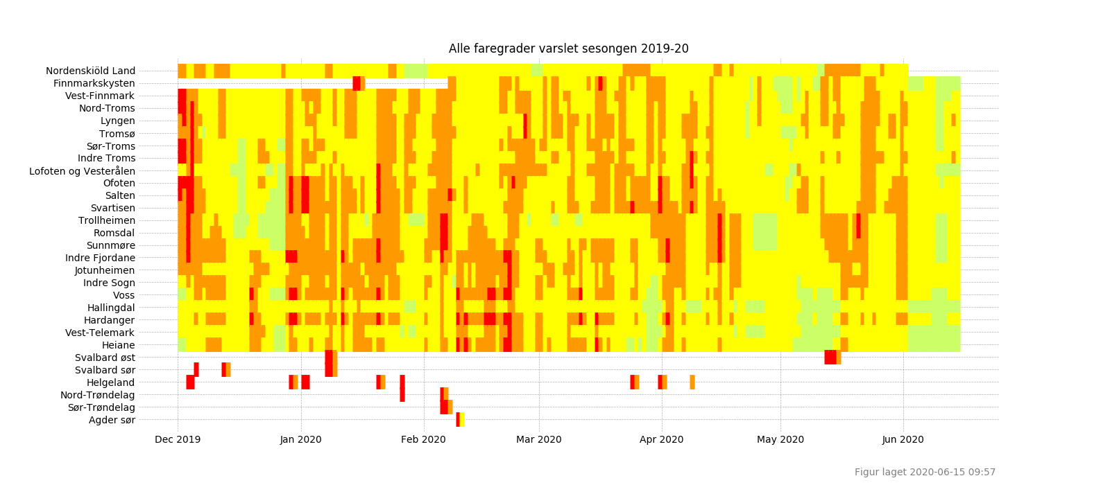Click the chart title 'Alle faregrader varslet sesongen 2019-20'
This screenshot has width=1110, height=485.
568,49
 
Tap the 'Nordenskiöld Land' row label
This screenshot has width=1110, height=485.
90,71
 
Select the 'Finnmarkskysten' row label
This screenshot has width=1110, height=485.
94,83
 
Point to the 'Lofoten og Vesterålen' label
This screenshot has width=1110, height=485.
82,171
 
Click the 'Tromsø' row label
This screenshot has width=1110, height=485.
117,134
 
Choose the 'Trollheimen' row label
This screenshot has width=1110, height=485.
106,221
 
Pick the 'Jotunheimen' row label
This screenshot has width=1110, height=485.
105,270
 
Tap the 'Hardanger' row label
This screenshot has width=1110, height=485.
109,320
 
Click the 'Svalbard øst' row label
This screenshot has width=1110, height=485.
105,358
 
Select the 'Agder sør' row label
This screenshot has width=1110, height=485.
112,420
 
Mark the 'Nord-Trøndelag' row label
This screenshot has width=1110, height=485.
98,395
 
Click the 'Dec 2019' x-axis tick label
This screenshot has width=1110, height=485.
178,439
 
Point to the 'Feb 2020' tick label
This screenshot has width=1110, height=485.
423,439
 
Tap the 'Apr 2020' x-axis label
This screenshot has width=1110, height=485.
661,439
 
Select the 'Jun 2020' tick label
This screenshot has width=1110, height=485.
903,439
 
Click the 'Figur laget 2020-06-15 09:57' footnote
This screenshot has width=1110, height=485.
925,472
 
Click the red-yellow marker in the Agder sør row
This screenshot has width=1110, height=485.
460,419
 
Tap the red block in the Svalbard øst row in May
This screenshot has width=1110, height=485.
830,358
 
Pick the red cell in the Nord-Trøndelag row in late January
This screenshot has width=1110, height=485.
402,395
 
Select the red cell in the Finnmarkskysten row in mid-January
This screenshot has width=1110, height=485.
357,83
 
